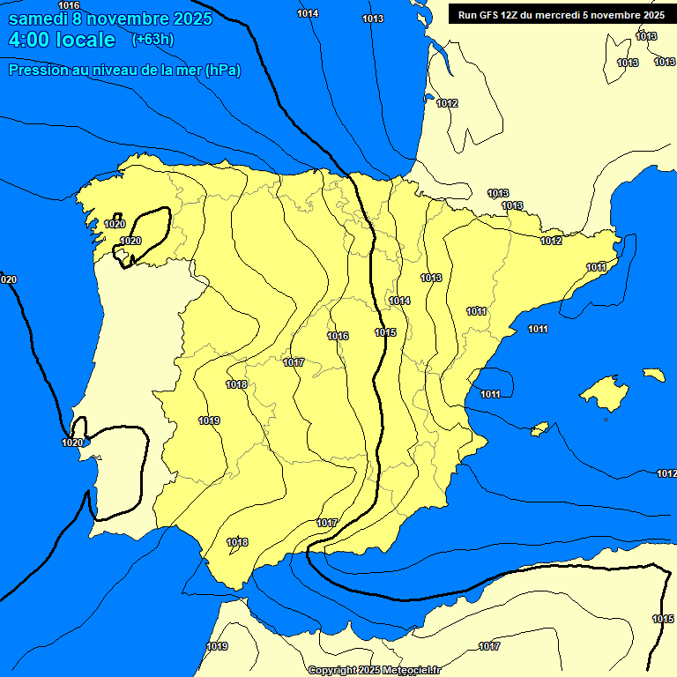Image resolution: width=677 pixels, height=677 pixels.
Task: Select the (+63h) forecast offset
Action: [x=153, y=39]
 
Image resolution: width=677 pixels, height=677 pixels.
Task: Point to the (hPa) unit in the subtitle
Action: [x=221, y=70]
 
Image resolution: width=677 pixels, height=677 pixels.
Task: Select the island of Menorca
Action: [x=653, y=375]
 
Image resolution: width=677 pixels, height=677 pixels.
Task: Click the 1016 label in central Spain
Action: [x=338, y=336]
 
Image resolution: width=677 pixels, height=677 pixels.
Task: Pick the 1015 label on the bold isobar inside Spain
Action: [x=385, y=332]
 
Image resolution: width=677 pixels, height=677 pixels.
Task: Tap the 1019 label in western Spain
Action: [x=209, y=420]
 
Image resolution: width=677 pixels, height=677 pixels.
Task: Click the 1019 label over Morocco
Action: [x=217, y=647]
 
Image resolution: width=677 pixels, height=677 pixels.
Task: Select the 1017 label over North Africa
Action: [x=489, y=647]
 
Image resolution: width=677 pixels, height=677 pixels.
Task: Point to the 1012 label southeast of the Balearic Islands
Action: [x=666, y=474]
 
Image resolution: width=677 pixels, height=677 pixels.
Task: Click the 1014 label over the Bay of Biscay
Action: [x=308, y=13]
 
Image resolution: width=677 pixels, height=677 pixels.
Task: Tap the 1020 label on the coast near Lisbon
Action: [x=72, y=443]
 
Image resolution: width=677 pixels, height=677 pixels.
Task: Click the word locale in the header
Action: [x=83, y=40]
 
